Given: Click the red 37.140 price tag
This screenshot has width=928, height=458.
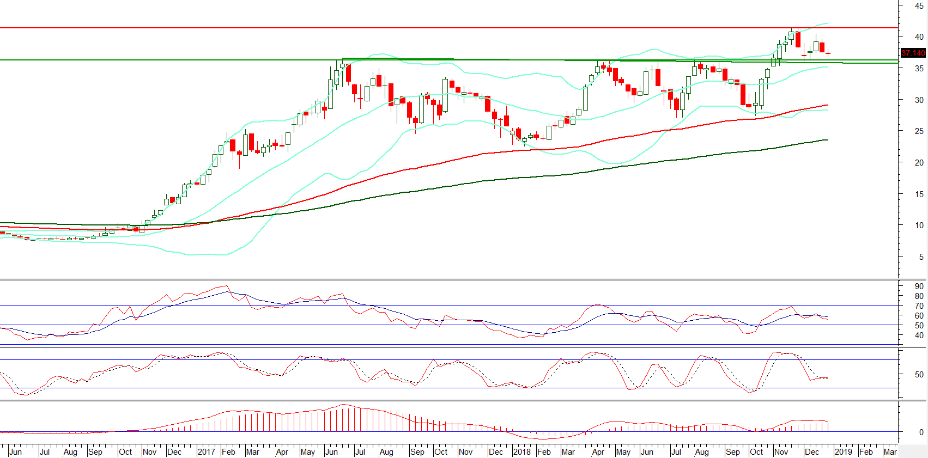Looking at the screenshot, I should (913, 53).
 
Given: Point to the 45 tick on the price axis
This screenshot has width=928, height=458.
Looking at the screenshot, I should (919, 6).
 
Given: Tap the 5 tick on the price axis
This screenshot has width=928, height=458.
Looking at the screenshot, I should (921, 257).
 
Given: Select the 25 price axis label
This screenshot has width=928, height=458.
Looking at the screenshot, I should (919, 131).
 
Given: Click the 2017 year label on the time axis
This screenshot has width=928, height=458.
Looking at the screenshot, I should (206, 452).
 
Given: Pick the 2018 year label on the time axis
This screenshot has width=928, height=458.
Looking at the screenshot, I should (521, 452).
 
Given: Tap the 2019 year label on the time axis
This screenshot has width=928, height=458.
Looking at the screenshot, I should (843, 452).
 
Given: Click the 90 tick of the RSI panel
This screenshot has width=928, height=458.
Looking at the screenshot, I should (919, 286).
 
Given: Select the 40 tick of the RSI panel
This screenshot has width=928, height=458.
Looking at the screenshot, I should (919, 335).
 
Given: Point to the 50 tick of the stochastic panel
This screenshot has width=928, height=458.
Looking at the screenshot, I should (919, 375).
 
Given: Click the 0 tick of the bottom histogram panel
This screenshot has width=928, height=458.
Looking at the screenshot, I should (921, 432).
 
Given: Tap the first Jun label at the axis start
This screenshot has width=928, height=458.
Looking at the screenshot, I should (16, 452).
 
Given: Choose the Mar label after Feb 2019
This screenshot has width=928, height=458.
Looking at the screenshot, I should (890, 452).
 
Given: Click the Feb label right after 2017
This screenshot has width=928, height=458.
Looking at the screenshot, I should (228, 452).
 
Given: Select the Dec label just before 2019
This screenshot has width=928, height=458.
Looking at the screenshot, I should (812, 452).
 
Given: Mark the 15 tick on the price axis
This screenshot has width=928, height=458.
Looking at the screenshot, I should (919, 194).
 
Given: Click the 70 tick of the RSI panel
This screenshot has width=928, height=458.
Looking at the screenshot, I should (919, 306).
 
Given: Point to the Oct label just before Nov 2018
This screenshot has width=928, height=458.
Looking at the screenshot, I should (756, 452).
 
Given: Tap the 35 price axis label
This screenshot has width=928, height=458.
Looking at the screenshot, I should (919, 69).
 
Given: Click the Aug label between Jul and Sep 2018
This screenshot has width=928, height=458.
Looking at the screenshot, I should (702, 452).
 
